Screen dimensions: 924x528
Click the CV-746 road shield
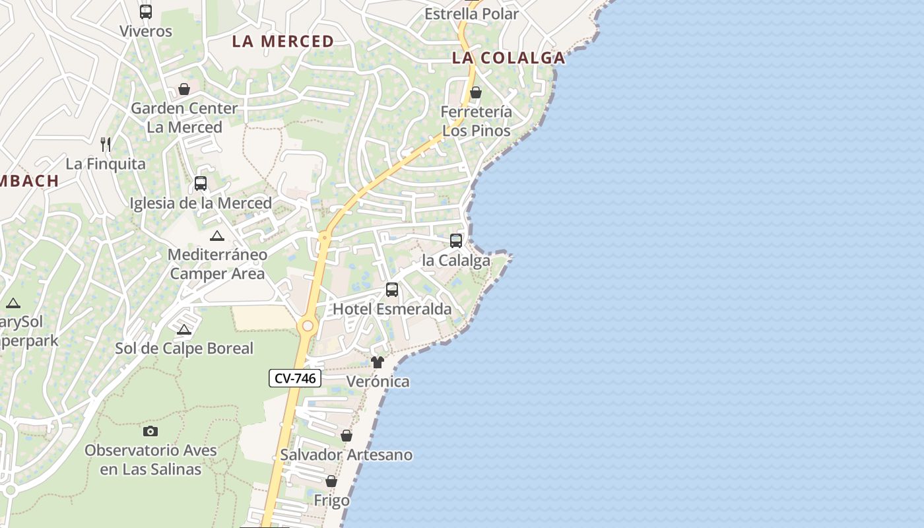click(x=295, y=378)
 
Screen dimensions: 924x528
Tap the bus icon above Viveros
click(x=146, y=12)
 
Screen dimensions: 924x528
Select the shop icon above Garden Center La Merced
click(x=184, y=89)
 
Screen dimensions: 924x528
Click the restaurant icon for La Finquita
click(x=106, y=144)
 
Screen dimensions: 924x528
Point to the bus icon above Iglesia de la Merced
click(x=201, y=183)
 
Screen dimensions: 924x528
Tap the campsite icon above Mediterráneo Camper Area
click(x=216, y=236)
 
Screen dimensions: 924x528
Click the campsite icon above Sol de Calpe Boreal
click(x=184, y=329)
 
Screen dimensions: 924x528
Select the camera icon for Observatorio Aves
click(x=150, y=431)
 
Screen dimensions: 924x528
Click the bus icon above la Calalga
click(x=456, y=241)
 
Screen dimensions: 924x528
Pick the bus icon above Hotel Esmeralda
click(x=392, y=290)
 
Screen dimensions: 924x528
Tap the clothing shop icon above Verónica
click(x=378, y=362)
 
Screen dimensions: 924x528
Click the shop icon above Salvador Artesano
click(x=346, y=436)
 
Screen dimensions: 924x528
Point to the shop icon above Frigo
click(x=331, y=482)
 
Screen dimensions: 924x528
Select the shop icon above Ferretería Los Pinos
click(x=476, y=92)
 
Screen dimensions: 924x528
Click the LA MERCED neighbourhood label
click(x=283, y=41)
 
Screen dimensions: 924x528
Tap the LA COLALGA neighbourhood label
click(x=508, y=57)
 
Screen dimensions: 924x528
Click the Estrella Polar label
click(x=471, y=14)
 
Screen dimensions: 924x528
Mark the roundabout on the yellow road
click(x=307, y=326)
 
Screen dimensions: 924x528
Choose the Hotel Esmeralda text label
click(x=392, y=309)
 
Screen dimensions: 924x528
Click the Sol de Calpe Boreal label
click(x=184, y=348)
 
